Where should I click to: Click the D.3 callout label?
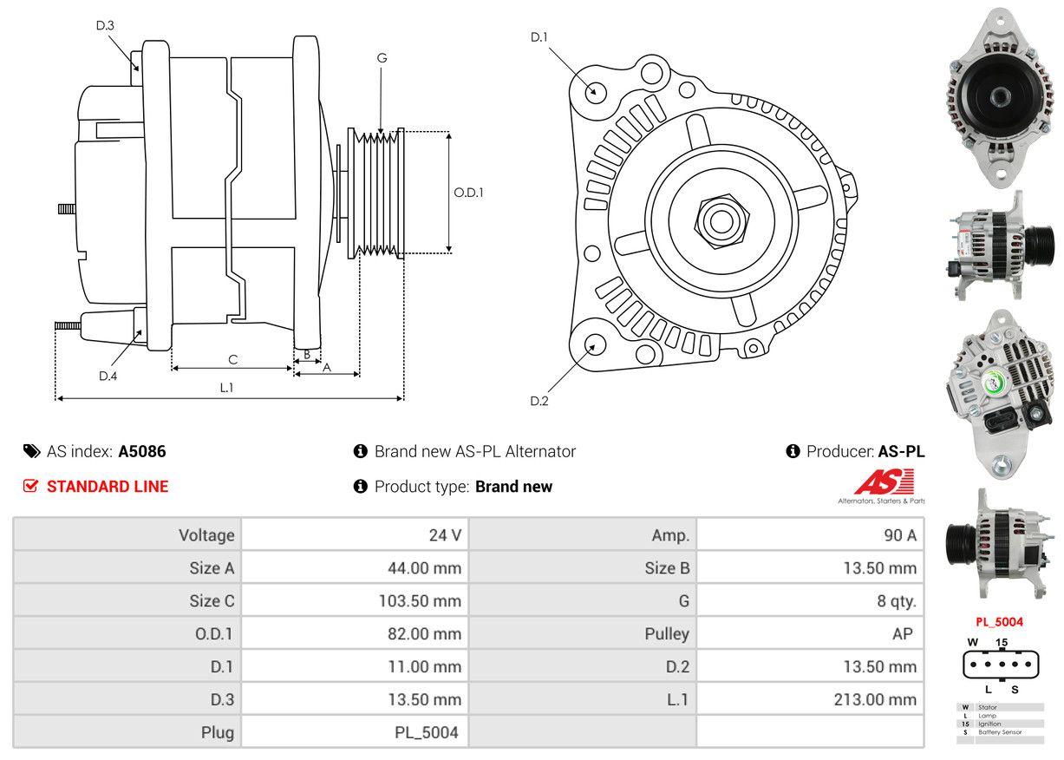click(105, 25)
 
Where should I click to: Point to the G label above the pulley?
click(382, 58)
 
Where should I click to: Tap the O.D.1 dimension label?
click(468, 192)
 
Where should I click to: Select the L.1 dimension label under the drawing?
click(226, 388)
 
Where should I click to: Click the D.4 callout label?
click(108, 376)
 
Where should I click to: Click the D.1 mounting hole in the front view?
click(595, 90)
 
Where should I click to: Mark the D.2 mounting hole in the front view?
click(594, 344)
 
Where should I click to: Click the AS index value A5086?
click(142, 451)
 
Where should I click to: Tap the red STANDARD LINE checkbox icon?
click(30, 486)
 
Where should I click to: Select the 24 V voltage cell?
click(445, 535)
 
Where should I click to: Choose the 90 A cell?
click(899, 535)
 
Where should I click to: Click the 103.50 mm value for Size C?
click(424, 601)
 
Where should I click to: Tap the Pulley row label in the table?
click(667, 633)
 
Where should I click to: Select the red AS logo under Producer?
click(884, 482)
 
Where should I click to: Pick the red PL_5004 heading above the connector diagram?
click(999, 621)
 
